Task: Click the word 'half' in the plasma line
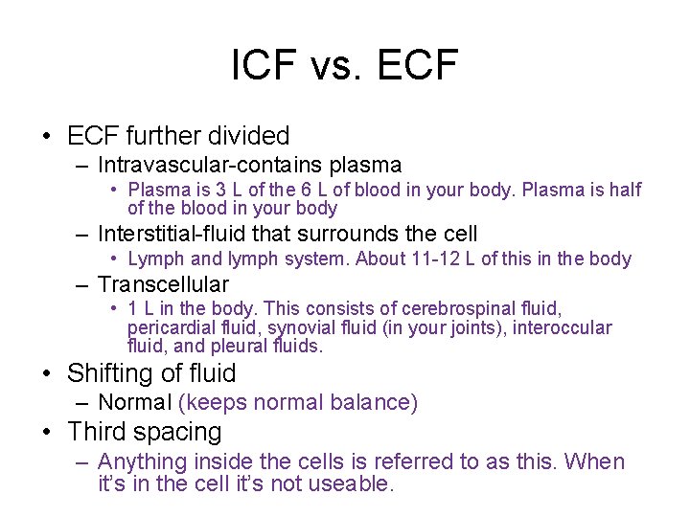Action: (x=624, y=190)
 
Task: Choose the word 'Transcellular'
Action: (x=163, y=284)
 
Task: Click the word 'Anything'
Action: (x=144, y=461)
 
